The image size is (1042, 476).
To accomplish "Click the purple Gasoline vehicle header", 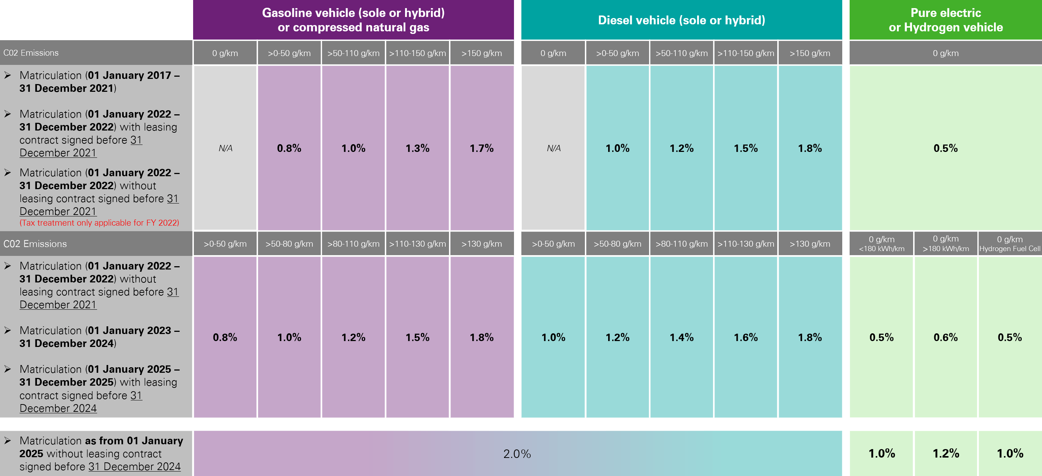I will click(x=353, y=20).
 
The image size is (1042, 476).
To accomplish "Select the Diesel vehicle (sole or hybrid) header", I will click(x=681, y=20).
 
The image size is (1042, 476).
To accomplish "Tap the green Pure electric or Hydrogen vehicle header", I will click(x=945, y=20).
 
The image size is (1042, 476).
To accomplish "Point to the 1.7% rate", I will click(x=481, y=148).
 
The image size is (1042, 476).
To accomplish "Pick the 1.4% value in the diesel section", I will click(x=681, y=337).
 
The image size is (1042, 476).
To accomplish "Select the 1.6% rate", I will click(x=745, y=337).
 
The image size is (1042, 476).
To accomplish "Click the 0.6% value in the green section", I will click(x=945, y=337).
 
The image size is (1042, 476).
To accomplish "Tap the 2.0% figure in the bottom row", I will click(x=517, y=454).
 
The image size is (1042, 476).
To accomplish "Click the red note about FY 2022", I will click(x=99, y=223).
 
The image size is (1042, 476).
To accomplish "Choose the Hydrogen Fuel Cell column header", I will click(x=1010, y=244).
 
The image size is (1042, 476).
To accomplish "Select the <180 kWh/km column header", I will click(x=881, y=244).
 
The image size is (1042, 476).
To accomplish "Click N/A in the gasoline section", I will click(x=225, y=148).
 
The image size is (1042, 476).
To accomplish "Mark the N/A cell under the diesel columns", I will click(x=553, y=148).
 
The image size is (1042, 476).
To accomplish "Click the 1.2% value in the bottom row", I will click(x=945, y=454).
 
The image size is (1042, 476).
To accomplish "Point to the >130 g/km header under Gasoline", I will click(x=481, y=244).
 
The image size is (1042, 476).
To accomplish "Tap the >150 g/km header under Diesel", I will click(x=810, y=53).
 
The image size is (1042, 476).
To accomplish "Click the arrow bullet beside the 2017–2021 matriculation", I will click(x=8, y=75).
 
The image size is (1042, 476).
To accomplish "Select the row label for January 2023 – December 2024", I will click(x=99, y=337).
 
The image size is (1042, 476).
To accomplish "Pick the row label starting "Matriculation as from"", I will click(x=101, y=454).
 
